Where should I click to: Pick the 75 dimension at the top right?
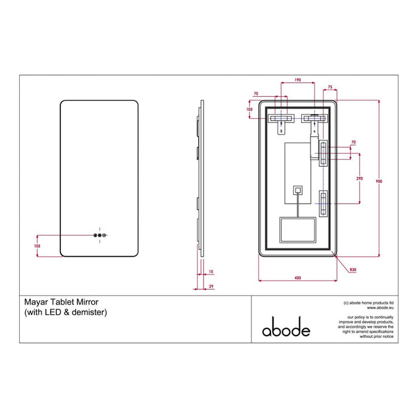point(331,86)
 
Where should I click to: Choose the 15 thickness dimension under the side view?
point(210,272)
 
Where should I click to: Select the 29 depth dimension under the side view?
point(210,287)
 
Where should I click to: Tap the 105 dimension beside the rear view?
point(250,109)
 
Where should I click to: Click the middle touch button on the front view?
point(100,236)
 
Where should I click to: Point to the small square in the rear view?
point(297,190)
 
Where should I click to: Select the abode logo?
point(287,330)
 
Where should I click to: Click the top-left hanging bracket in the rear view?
point(281,119)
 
